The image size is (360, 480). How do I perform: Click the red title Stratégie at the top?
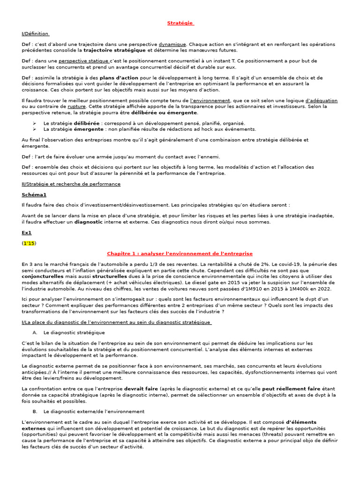180,23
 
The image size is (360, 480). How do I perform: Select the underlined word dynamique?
172,44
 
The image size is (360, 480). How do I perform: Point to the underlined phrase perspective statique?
84,61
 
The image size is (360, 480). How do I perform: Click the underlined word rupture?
76,106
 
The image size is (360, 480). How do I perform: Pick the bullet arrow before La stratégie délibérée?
35,123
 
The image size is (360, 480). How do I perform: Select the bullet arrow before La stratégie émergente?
35,129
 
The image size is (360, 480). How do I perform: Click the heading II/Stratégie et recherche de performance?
71,184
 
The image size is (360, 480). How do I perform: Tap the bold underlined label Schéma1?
34,195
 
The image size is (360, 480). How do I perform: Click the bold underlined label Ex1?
27,232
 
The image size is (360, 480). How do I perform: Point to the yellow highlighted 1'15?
29,243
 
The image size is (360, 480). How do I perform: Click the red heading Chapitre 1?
180,254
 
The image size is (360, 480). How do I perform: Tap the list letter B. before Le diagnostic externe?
35,411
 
